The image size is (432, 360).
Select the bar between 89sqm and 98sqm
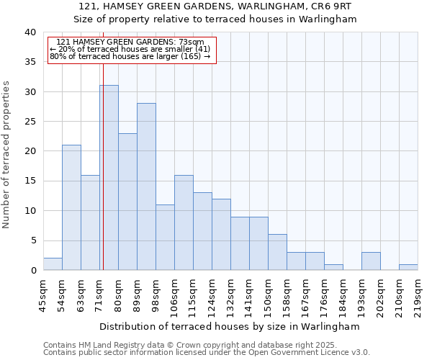(x=146, y=186)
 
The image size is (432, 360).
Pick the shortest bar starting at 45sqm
(x=53, y=264)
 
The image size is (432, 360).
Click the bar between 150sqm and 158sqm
(x=277, y=252)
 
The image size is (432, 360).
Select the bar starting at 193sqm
(x=371, y=261)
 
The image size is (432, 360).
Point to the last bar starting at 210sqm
(x=408, y=267)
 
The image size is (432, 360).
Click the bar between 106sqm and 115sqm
(x=184, y=222)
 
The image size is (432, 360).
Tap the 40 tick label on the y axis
(x=30, y=32)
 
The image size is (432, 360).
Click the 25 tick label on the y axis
(x=30, y=122)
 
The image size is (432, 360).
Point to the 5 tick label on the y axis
(x=33, y=240)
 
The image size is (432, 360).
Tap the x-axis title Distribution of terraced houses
(x=230, y=326)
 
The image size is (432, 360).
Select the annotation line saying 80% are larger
(x=130, y=56)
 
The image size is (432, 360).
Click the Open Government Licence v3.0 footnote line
(x=207, y=352)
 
